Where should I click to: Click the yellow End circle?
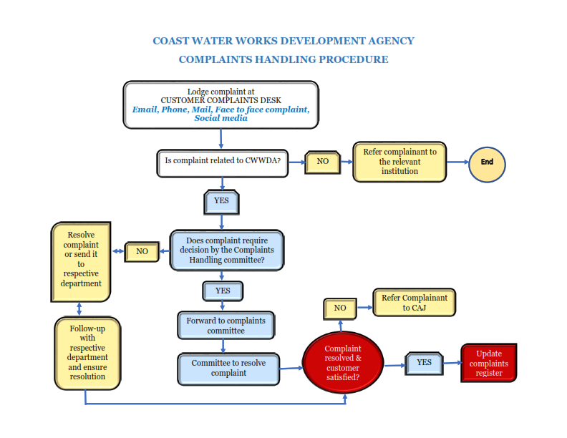coord(487,162)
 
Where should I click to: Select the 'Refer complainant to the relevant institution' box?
coord(399,162)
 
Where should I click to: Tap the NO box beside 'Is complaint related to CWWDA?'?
coord(323,162)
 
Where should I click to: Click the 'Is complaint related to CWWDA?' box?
coord(222,162)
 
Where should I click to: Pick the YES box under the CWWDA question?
coord(221,202)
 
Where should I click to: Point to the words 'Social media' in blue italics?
coord(220,118)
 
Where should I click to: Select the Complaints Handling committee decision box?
coord(226,250)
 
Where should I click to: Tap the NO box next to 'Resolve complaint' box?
coord(142,251)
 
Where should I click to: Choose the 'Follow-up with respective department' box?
coord(88,352)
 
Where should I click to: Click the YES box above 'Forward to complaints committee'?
coord(223,291)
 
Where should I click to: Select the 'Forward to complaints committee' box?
coord(226,326)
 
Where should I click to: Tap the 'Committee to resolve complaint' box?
coord(228,368)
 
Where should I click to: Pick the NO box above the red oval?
coord(340,308)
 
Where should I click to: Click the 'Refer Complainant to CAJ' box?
coord(415,303)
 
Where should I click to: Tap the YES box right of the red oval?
coord(425,363)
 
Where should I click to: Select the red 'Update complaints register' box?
coord(489,364)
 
